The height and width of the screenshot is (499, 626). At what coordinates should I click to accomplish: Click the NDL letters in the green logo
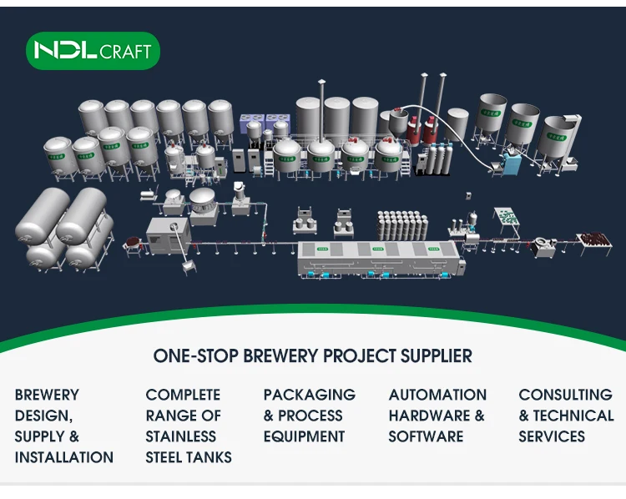pos(64,51)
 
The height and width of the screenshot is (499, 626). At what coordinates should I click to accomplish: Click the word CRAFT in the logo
pos(125,52)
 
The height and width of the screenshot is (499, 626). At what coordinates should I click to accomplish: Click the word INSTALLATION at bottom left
pos(64,457)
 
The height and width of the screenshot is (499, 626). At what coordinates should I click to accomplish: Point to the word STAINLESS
pos(181,436)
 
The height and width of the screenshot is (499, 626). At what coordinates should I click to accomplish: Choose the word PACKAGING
pos(309,395)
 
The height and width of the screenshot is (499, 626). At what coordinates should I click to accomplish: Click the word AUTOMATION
pos(437,395)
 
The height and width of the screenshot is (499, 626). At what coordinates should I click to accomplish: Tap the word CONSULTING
pos(565,395)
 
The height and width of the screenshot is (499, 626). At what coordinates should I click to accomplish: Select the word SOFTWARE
pos(426,436)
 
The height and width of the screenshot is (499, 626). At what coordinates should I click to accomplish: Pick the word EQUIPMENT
pos(304,436)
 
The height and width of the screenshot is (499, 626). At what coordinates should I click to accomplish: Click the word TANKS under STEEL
pos(210,457)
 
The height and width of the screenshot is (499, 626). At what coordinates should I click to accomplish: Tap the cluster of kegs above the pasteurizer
pos(402,225)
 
